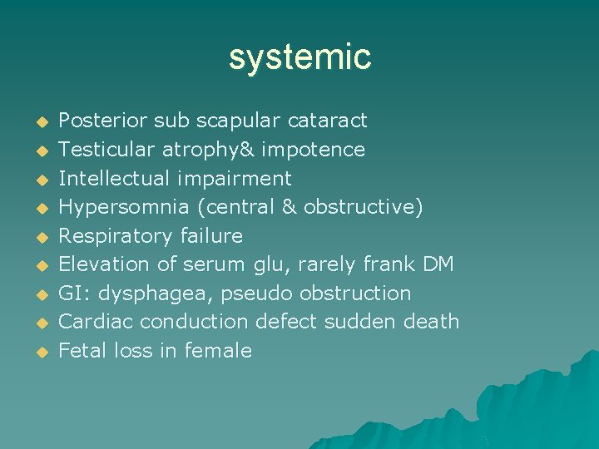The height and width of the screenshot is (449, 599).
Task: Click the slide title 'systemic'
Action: point(299,57)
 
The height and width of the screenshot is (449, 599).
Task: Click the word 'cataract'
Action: point(327,121)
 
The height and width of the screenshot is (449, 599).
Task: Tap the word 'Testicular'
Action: point(103,150)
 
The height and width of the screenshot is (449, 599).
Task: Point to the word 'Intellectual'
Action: point(111,178)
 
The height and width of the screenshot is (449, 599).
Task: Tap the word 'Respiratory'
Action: point(116,236)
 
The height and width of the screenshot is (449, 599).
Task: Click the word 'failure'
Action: point(211,236)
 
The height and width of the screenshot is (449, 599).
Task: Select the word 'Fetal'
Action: point(82,351)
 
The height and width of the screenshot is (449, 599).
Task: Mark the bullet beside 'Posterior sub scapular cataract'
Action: point(38,122)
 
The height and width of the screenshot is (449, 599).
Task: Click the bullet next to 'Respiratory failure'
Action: point(38,237)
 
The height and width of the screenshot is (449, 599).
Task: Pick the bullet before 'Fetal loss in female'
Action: point(38,352)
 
